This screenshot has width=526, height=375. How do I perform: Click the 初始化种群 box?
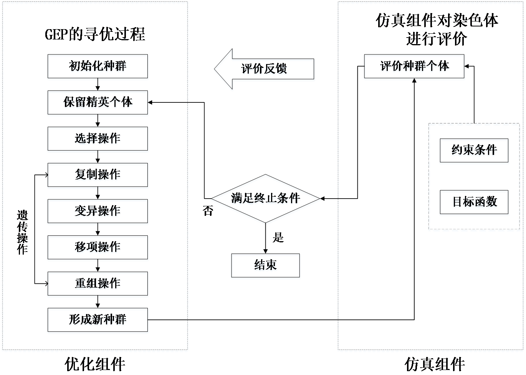tap(98, 67)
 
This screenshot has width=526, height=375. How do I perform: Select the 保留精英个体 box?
tap(98, 104)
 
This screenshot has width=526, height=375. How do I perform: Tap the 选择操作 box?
tap(98, 140)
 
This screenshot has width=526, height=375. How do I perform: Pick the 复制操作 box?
tap(98, 176)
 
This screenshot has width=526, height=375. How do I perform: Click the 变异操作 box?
tap(98, 212)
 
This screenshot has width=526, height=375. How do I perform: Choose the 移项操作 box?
tap(98, 248)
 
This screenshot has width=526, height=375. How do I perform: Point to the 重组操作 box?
tap(98, 285)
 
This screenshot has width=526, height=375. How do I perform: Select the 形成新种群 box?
tap(98, 321)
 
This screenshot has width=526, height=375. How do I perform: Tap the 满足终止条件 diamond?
tap(265, 199)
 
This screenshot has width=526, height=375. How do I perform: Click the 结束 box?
tap(265, 266)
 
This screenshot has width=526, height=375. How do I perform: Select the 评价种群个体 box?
tap(414, 67)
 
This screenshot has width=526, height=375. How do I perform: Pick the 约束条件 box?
tap(474, 151)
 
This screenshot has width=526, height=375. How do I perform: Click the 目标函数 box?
tap(474, 203)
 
